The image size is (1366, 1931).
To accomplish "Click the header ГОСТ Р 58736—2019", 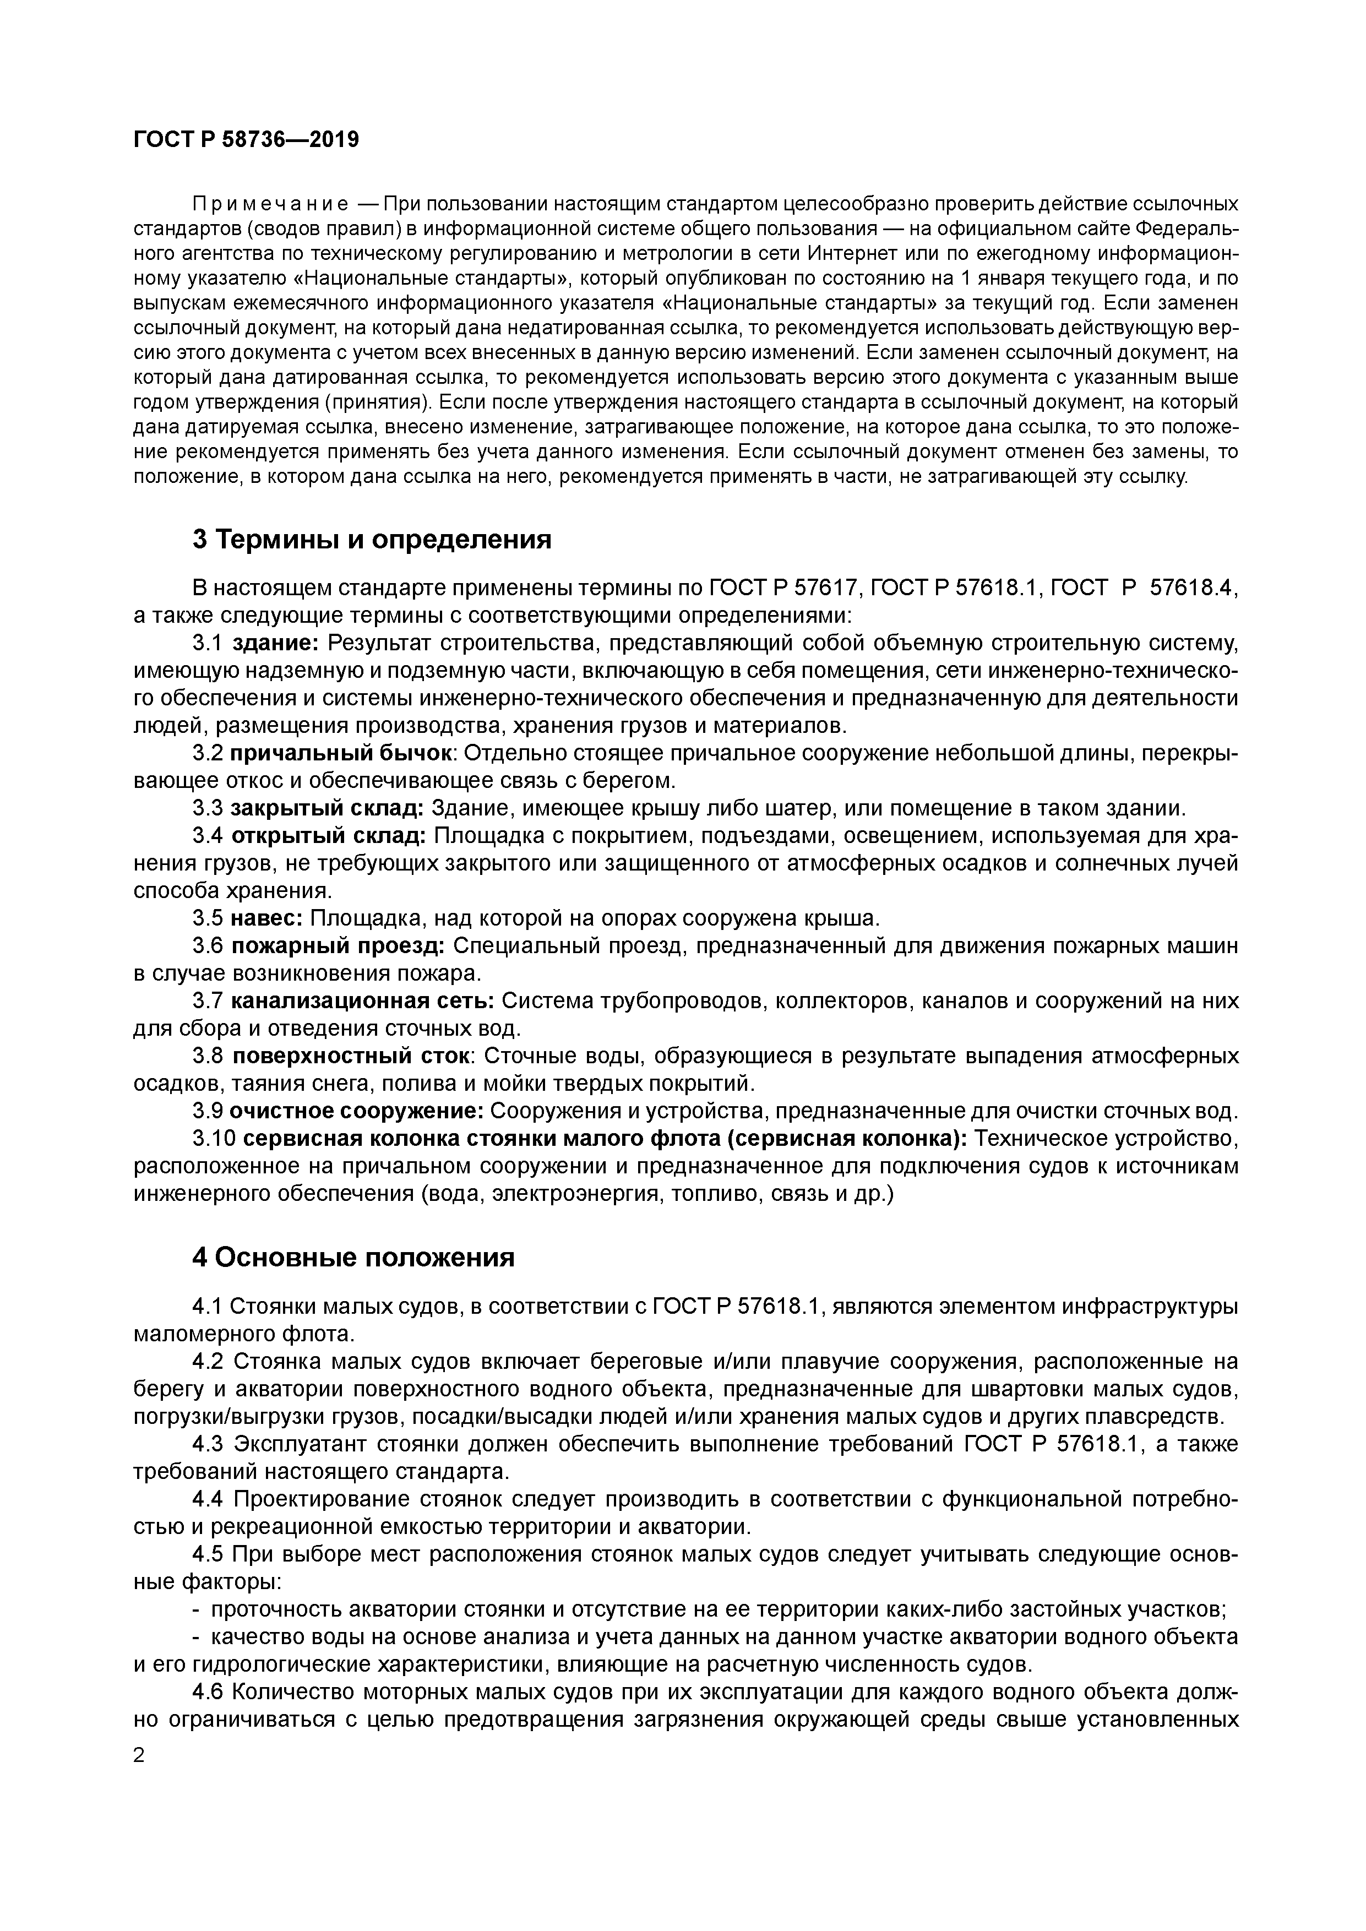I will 246,140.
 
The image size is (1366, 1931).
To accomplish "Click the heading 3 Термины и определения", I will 372,539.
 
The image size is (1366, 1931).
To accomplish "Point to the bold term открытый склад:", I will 328,836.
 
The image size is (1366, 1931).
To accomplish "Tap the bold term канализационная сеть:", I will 362,1001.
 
